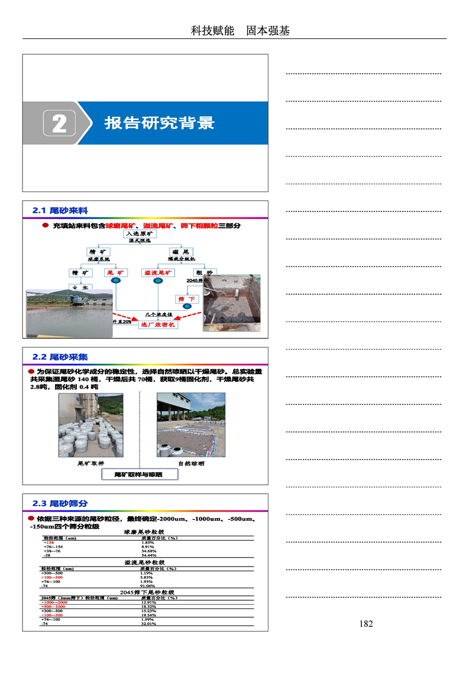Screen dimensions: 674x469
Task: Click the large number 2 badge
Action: (59, 123)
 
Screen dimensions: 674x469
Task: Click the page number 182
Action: (366, 624)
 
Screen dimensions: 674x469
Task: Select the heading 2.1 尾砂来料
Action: (60, 210)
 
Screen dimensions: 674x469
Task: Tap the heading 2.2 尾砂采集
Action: (60, 357)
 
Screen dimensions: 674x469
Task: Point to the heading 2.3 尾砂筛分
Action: (60, 503)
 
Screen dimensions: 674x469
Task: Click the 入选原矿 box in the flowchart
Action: (141, 234)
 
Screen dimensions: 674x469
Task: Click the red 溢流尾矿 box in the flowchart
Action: (158, 273)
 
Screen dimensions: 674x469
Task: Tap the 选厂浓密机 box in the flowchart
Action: (157, 324)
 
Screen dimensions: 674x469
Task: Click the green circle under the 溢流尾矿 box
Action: (158, 283)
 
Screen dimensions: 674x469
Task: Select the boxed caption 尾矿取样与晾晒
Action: (138, 474)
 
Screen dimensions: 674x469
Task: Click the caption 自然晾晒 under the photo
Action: (191, 464)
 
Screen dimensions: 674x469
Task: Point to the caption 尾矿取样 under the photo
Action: (90, 464)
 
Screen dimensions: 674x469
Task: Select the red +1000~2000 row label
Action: (54, 602)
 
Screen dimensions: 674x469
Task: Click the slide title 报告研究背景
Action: (159, 123)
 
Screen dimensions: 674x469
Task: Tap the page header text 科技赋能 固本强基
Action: (240, 31)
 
